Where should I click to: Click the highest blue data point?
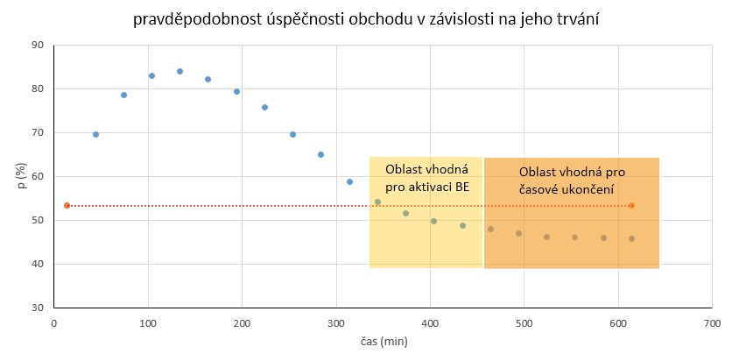(179, 71)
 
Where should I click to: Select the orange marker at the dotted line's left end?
(67, 205)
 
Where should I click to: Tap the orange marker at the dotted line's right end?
(631, 205)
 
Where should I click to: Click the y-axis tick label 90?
(36, 45)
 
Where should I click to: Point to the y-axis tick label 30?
(36, 308)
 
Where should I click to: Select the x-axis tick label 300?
(335, 323)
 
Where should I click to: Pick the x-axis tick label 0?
(53, 323)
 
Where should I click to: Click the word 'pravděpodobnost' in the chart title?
(187, 18)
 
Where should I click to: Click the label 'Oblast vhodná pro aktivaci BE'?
(426, 178)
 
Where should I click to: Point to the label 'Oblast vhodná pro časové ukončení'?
(571, 180)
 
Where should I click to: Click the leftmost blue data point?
(95, 134)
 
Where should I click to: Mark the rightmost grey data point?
(631, 238)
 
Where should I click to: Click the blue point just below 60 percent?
(349, 181)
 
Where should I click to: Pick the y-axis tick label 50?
(36, 220)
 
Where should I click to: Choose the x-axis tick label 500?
(524, 323)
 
